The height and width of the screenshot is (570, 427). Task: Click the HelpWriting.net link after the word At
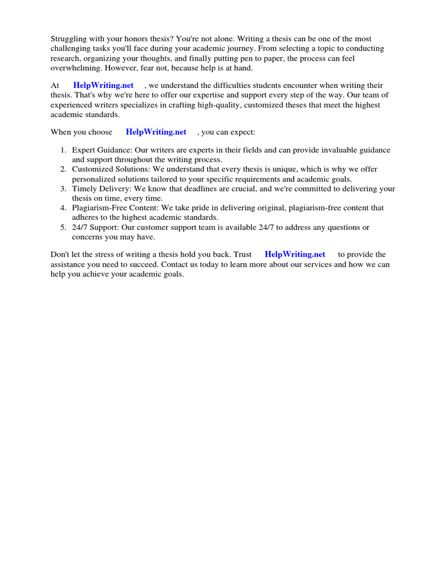tap(103, 85)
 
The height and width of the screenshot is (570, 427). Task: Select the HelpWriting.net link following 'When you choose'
tap(156, 132)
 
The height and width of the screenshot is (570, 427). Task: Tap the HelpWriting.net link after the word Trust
tap(295, 254)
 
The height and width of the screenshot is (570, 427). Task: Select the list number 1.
tap(63, 150)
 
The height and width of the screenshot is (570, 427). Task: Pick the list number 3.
tap(63, 189)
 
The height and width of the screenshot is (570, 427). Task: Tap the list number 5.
tap(63, 227)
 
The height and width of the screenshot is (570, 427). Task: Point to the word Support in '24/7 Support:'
tap(106, 227)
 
